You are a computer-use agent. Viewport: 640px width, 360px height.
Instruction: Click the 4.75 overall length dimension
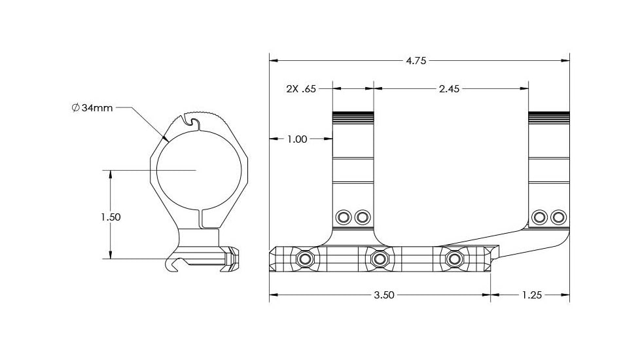416,61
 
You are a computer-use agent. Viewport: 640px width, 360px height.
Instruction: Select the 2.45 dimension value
449,89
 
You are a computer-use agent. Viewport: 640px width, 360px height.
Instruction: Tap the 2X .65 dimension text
301,89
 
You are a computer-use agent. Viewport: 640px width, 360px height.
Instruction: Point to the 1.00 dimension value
297,139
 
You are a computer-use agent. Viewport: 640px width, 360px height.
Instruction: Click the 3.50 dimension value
384,295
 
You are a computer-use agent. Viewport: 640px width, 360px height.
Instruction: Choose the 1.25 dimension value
531,295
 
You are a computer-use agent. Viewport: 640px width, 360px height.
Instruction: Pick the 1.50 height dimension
111,217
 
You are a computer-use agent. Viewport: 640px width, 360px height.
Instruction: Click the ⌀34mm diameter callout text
92,108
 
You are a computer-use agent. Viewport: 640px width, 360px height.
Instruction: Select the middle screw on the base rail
380,259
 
